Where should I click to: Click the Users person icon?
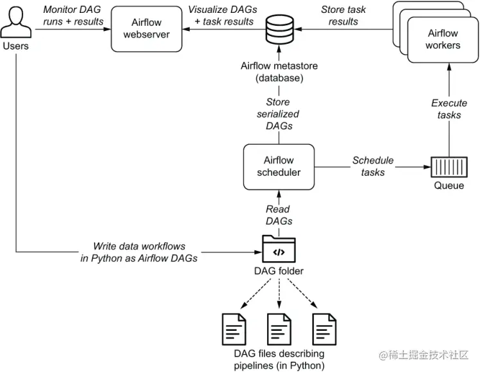click(16, 23)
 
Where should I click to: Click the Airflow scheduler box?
click(278, 166)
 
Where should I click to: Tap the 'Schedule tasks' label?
click(373, 166)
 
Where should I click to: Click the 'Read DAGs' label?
click(278, 215)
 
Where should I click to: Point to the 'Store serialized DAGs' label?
click(278, 114)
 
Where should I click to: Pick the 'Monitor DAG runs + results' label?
click(73, 16)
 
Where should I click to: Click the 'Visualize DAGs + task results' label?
click(221, 16)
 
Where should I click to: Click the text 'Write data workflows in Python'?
click(138, 252)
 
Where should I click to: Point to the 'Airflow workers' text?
click(443, 39)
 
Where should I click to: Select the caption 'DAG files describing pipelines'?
click(278, 360)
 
